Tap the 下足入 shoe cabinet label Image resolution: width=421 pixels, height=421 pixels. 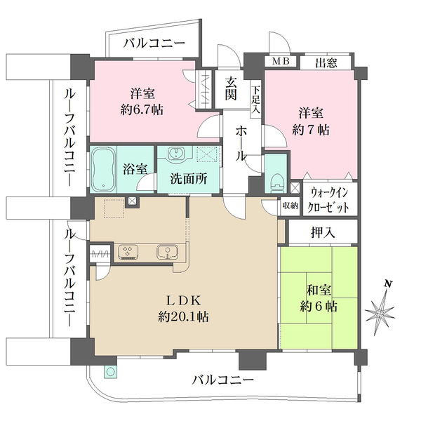(x=256, y=99)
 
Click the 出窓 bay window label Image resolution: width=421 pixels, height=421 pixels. (x=326, y=63)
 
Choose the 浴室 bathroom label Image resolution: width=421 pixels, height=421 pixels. (x=135, y=169)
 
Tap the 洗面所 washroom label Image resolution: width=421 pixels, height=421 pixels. (x=188, y=179)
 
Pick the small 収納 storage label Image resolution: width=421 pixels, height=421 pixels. (x=290, y=206)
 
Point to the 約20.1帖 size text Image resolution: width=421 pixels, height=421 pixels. (x=184, y=316)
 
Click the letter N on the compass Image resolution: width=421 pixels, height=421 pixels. (x=387, y=284)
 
